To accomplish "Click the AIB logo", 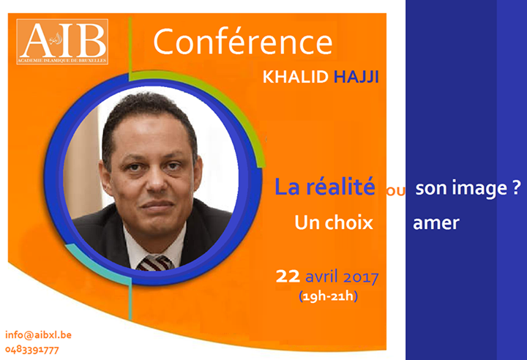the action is click(62, 42).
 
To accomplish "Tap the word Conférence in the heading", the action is click(243, 42).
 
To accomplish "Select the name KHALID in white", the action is click(295, 77).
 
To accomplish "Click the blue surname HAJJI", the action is click(356, 77).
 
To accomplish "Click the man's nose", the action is click(157, 182).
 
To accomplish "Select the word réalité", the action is click(340, 187).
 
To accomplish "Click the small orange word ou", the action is click(395, 190).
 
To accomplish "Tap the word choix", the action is click(349, 222).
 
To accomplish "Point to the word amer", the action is click(436, 223).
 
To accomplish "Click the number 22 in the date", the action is click(288, 277).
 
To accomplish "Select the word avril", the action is click(321, 277).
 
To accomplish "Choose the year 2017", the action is click(361, 277).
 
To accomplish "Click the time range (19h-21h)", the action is click(328, 296).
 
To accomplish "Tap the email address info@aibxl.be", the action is click(38, 335).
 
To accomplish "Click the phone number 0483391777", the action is click(32, 350).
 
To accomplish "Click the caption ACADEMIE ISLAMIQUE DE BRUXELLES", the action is click(62, 61).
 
